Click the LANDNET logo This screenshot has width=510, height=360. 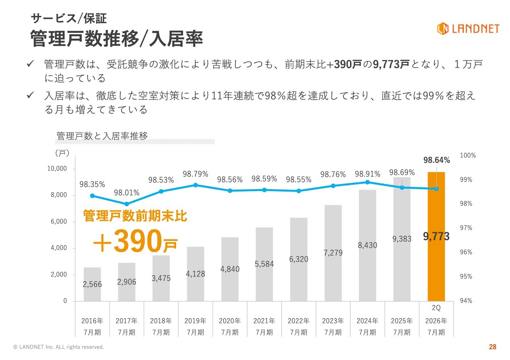pos(468,28)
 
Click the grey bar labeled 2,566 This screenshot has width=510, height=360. pos(92,284)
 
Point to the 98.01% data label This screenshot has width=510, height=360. pos(127,193)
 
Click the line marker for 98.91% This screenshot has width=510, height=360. pos(367,182)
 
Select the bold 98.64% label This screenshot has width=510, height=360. pos(437,160)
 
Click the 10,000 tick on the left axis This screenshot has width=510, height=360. pos(57,169)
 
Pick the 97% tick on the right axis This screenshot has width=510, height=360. pos(466,228)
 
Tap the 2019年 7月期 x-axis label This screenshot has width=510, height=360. pos(195,326)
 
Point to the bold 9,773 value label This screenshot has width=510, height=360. pos(436,237)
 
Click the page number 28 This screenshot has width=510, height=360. pos(492,347)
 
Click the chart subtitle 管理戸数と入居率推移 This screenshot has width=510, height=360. pos(102,136)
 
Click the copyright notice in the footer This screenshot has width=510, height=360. pos(59,347)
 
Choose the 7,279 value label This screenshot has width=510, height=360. pos(333,252)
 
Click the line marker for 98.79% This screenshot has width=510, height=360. pos(195,185)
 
